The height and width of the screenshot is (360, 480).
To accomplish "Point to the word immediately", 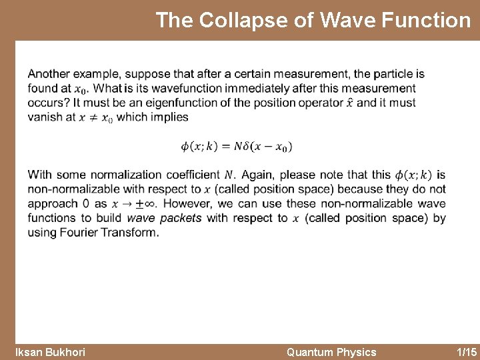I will [264, 88].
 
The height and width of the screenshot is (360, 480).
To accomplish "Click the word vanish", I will [45, 117].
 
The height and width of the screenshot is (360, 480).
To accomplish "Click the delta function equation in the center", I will [236, 146].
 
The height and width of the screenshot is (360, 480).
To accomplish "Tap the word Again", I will [257, 175].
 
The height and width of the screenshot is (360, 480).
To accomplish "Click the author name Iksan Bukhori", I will [50, 352].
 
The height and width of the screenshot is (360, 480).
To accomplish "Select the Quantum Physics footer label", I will [331, 352].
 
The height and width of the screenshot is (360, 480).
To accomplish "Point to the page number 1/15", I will [466, 352].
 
